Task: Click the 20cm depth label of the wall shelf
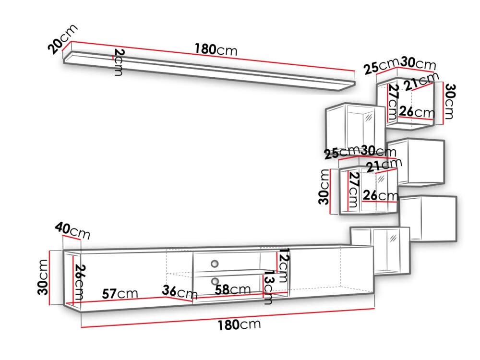(x=62, y=39)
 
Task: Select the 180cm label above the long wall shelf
(x=216, y=49)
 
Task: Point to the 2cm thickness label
(x=119, y=62)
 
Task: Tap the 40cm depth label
(x=72, y=231)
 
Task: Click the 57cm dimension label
(x=120, y=294)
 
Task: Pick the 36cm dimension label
(x=180, y=292)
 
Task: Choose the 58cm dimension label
(x=233, y=289)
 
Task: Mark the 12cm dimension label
(x=283, y=265)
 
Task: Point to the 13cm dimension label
(x=268, y=288)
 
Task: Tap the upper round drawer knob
(x=215, y=263)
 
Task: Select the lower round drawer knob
(x=215, y=281)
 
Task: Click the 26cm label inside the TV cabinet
(x=79, y=282)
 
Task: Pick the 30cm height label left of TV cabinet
(x=43, y=277)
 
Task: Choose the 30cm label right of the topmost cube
(x=449, y=101)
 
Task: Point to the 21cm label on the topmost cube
(x=421, y=81)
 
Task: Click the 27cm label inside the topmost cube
(x=393, y=102)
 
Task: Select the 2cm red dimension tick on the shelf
(x=113, y=57)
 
